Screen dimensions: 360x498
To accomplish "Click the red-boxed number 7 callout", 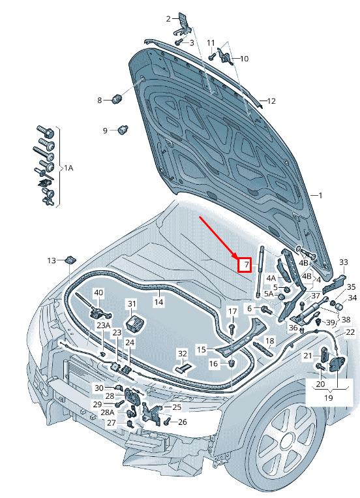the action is [245, 265].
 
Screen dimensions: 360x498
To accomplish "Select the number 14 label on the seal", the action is [158, 302].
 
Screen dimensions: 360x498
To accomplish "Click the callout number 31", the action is [132, 304].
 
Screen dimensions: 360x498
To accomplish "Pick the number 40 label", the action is [98, 292].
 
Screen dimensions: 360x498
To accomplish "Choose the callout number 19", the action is [328, 397].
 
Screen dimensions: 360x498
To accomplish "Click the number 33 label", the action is [344, 262].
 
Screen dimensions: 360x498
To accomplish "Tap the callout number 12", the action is [271, 101].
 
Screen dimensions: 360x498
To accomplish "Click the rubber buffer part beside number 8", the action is [118, 99].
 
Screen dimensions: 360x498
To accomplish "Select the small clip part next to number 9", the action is [123, 130].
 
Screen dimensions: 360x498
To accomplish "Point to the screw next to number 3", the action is [179, 42].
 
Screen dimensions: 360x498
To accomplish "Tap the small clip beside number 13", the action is [71, 260].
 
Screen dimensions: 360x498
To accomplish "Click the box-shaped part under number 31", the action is [135, 322].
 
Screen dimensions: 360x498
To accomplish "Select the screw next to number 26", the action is [168, 422].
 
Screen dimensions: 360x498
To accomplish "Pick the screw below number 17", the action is [233, 328].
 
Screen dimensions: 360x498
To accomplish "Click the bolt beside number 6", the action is [267, 309].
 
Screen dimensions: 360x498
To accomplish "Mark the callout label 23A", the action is [104, 325].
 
